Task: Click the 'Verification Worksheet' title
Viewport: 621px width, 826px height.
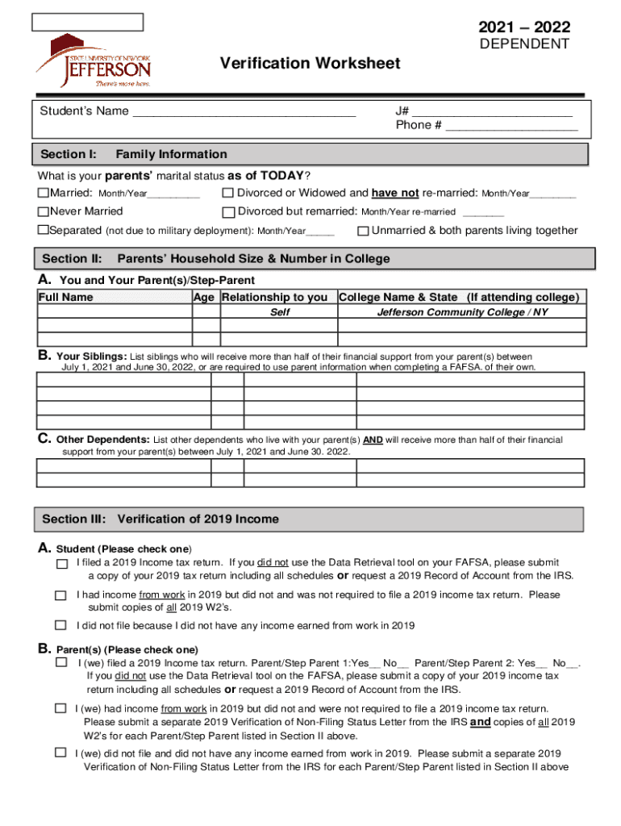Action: pos(310,63)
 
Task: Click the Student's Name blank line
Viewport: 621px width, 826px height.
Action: pos(244,111)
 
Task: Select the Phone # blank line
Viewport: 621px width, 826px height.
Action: pos(511,126)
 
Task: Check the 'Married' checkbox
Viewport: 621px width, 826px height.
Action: pos(44,194)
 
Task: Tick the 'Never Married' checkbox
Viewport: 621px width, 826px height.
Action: pos(44,212)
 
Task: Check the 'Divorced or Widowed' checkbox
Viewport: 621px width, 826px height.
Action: pos(228,194)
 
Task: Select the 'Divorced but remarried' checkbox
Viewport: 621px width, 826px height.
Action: pos(228,212)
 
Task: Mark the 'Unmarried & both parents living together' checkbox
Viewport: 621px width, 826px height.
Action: pos(363,232)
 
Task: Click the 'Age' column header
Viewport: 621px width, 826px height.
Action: pos(205,298)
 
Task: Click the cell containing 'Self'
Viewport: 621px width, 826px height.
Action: pos(280,312)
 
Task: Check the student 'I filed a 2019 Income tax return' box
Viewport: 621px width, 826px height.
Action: pos(61,564)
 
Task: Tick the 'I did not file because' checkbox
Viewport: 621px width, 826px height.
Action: pos(60,625)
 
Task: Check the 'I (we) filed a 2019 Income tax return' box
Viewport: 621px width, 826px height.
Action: pos(60,662)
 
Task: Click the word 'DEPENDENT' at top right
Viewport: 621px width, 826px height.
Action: pos(525,44)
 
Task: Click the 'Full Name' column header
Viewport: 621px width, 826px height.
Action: pos(66,298)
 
